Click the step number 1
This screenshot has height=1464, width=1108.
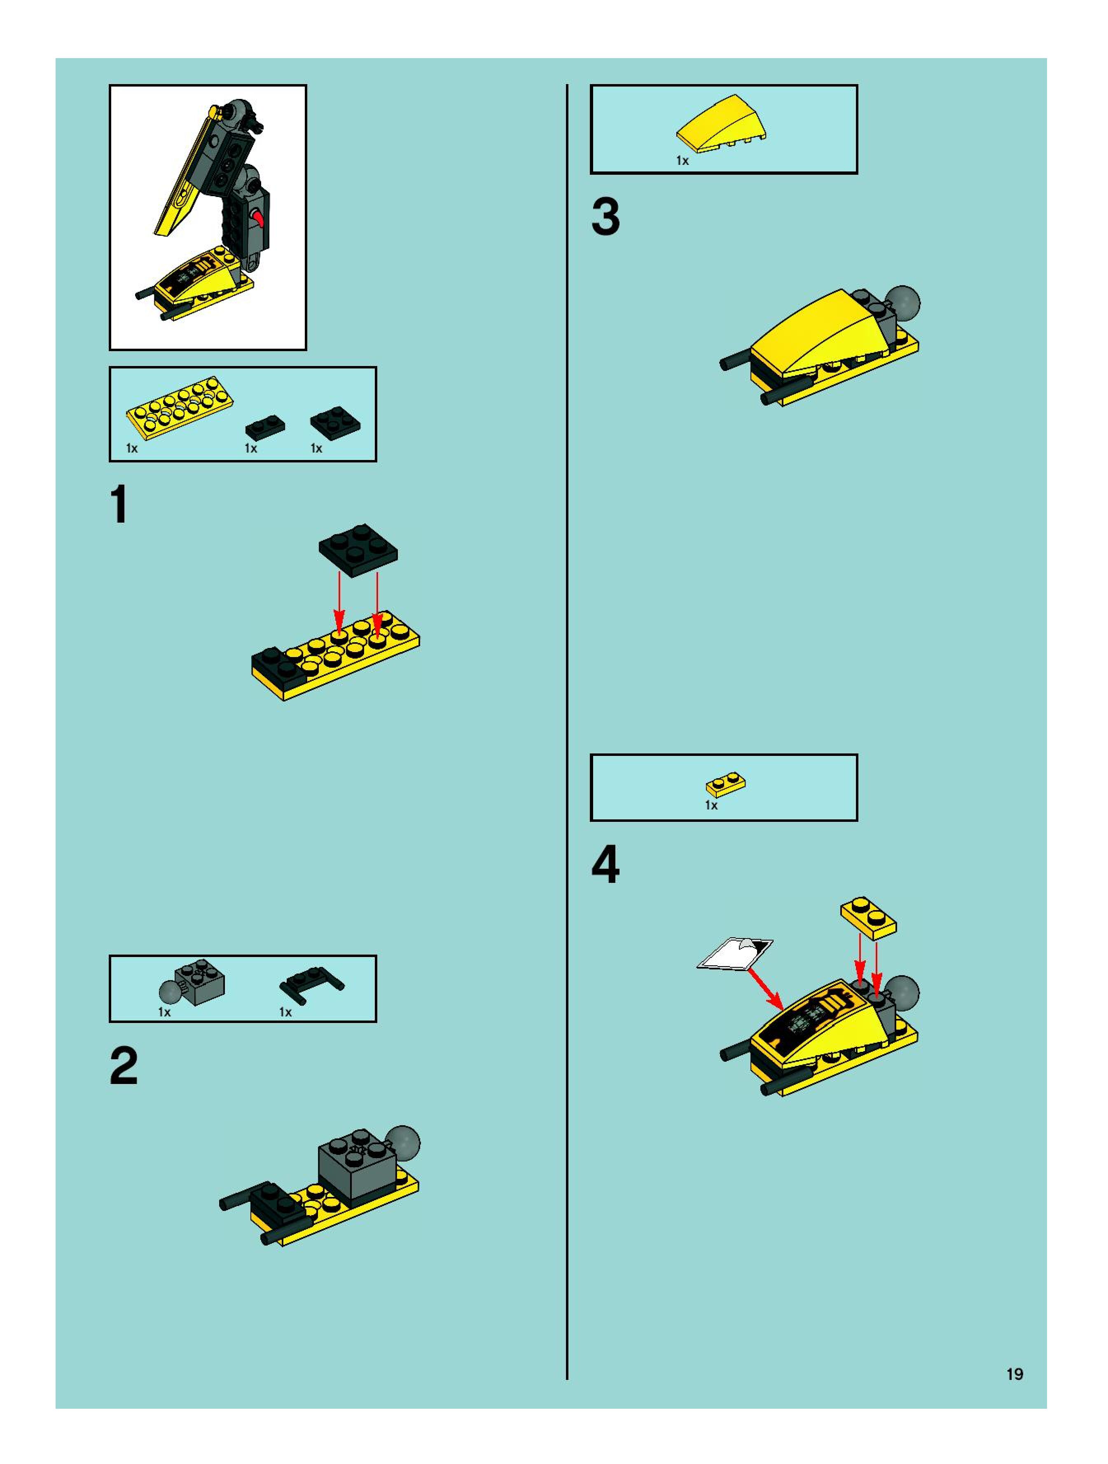(119, 504)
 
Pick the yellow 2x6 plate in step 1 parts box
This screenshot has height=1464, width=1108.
(180, 408)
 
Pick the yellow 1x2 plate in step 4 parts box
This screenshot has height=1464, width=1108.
(726, 784)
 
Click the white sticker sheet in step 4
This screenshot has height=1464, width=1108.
(735, 954)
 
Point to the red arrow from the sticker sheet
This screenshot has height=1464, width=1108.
(765, 990)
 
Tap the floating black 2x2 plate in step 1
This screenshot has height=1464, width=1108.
(358, 549)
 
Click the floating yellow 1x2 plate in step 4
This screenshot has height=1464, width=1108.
(869, 918)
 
